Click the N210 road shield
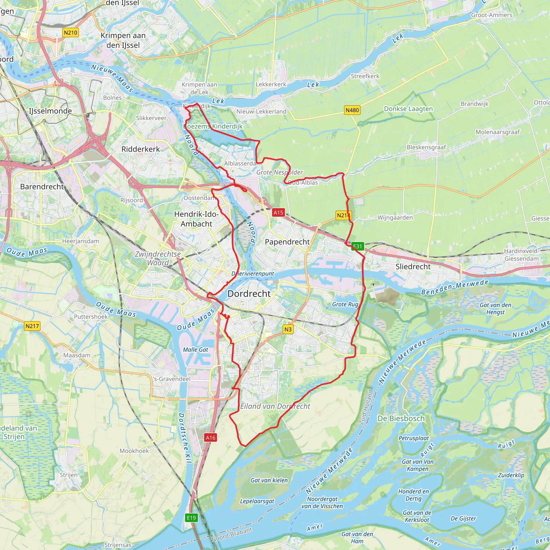[70, 32]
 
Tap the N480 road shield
[352, 110]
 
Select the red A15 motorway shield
[278, 212]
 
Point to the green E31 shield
[357, 246]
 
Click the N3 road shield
[288, 329]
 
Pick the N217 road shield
[32, 326]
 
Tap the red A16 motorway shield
[210, 438]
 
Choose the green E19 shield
[191, 518]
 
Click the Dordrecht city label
[249, 294]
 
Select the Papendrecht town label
[287, 242]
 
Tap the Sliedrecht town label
[413, 266]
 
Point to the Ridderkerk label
[141, 149]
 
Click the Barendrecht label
[42, 186]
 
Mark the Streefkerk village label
[365, 76]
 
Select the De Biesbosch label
[401, 418]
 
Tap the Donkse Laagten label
[408, 109]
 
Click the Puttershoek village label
[91, 317]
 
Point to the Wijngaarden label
[395, 218]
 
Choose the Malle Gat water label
[196, 350]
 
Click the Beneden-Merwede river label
[455, 287]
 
